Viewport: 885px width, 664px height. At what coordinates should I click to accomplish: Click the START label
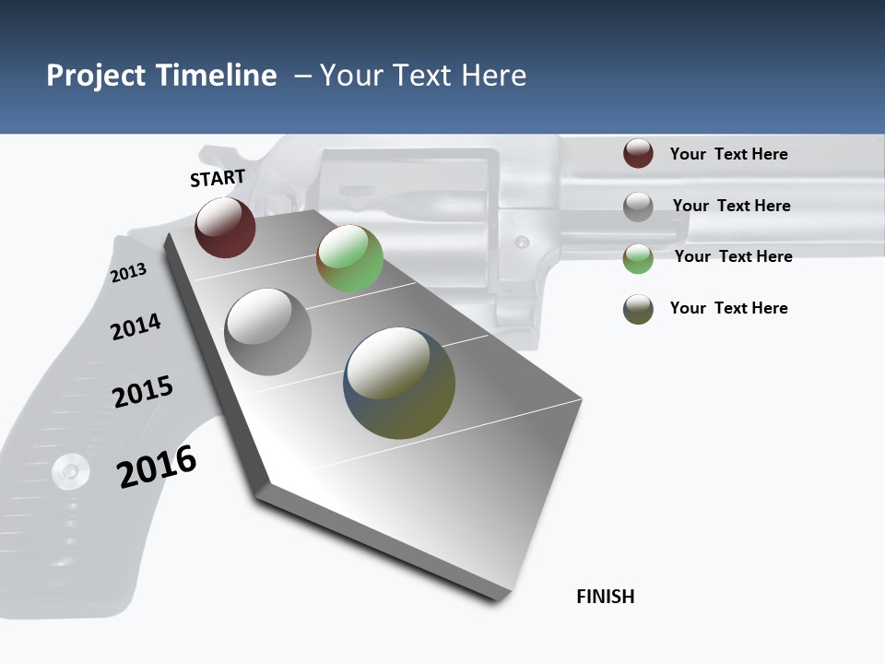(x=218, y=178)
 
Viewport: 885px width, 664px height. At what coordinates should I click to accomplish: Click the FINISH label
(x=605, y=597)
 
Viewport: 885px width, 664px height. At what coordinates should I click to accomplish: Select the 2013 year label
(x=129, y=272)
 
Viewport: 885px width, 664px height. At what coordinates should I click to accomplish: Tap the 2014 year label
(x=136, y=326)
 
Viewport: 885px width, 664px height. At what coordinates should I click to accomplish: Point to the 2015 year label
(x=143, y=392)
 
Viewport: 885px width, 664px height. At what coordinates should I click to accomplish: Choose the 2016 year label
(x=157, y=467)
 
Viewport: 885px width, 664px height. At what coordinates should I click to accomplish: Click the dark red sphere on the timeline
(x=225, y=227)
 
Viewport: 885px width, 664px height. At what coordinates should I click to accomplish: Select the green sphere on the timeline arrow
(x=349, y=258)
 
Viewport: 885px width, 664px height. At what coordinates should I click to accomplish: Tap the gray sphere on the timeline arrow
(x=268, y=332)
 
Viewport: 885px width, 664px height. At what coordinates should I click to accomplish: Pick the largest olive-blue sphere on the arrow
(x=399, y=383)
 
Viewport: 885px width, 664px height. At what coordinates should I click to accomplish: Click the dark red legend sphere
(x=638, y=154)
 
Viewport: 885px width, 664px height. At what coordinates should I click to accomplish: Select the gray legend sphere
(x=638, y=207)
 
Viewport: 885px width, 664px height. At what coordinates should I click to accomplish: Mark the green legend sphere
(x=638, y=258)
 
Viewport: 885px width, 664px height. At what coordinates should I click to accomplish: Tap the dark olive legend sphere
(x=638, y=309)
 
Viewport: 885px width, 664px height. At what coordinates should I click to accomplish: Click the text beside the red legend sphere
(x=728, y=154)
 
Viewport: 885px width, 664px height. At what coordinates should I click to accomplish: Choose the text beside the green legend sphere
(x=733, y=256)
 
